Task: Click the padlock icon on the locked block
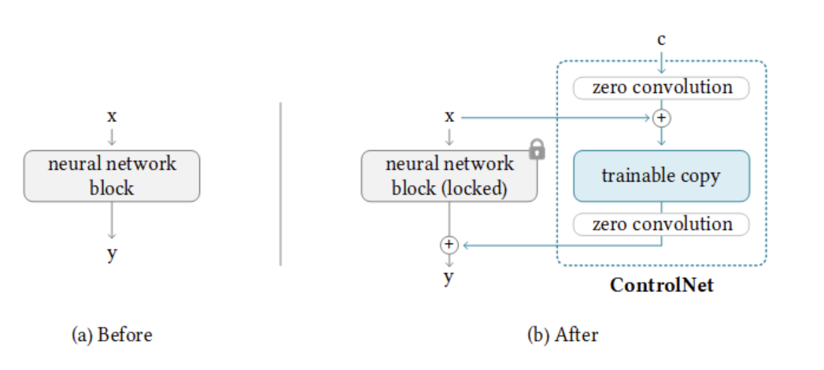[537, 150]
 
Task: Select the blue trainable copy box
[661, 176]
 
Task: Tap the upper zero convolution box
[661, 87]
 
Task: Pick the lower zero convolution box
[661, 224]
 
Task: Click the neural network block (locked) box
[449, 176]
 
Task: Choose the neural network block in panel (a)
[113, 176]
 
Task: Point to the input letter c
[661, 39]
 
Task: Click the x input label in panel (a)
[112, 117]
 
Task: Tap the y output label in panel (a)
[112, 253]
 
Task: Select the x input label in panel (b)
[449, 117]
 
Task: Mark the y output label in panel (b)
[449, 276]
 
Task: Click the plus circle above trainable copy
[661, 118]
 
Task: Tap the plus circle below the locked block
[449, 245]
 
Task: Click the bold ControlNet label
[661, 285]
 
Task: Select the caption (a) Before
[112, 335]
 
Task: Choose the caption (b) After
[562, 335]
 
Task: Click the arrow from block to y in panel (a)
[113, 220]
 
